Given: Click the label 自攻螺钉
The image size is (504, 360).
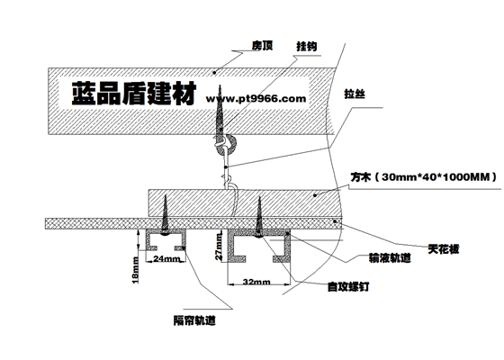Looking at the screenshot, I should pos(339,287).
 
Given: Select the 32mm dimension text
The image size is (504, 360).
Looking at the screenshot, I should pos(255,283).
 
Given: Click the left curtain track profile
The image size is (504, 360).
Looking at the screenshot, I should pos(166,240).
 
